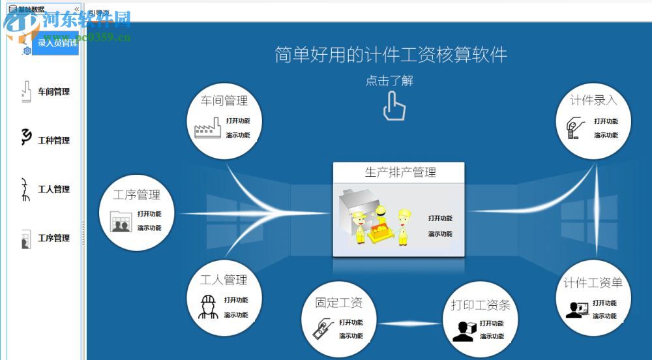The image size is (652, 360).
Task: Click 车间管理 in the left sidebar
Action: (53, 92)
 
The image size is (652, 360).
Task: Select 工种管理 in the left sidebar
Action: (53, 140)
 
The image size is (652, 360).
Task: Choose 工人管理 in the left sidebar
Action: (53, 189)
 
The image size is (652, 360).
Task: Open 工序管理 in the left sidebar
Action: (53, 238)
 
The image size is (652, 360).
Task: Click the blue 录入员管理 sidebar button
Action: (56, 43)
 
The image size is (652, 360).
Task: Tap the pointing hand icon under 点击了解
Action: (394, 106)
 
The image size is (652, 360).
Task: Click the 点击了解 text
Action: (389, 81)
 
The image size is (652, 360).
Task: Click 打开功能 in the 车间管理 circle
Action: (238, 121)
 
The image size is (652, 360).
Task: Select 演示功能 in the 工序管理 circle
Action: (149, 228)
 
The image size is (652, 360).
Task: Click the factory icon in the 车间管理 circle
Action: (208, 127)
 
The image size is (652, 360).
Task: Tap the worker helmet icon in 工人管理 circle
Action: (208, 306)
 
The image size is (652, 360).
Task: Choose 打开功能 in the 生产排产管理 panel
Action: (440, 218)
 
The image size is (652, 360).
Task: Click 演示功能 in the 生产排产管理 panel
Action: (440, 234)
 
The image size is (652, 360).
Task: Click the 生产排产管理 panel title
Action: (400, 173)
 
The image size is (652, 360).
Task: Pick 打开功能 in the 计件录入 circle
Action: (606, 121)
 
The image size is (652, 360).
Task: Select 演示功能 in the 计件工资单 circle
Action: (604, 316)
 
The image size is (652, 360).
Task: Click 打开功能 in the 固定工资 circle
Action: (351, 322)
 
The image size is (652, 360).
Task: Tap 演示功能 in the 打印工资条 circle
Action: (492, 337)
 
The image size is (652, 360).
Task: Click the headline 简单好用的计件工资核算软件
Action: (391, 55)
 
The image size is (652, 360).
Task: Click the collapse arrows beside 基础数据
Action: (76, 9)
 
